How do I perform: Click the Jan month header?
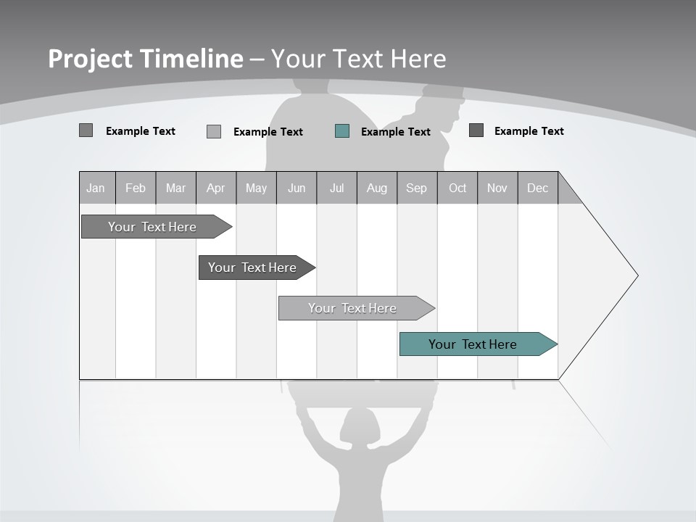pos(96,188)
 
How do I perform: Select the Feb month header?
pos(136,188)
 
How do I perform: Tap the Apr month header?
pos(216,188)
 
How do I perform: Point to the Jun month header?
pos(297,188)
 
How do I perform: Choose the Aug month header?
pos(377,188)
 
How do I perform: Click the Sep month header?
pos(417,188)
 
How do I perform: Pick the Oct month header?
pos(457,188)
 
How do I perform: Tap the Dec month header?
pos(538,188)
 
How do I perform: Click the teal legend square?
pos(342,131)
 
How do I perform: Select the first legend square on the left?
pos(86,130)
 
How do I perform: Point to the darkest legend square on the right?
pos(476,130)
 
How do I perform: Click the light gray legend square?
pos(214,131)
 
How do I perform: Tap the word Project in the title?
pos(90,59)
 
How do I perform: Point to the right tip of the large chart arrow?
pos(637,275)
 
